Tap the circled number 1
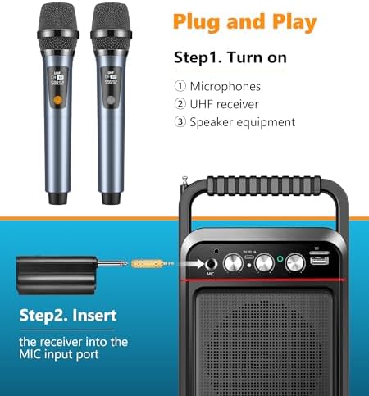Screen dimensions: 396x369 click(x=180, y=86)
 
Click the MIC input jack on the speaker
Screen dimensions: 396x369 click(x=211, y=263)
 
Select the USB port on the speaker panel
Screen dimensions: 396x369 click(x=317, y=261)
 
